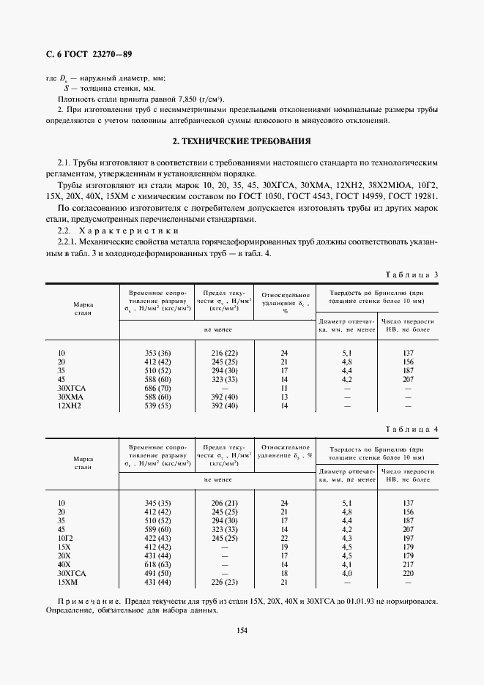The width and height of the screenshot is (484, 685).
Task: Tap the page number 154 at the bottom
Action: click(x=242, y=631)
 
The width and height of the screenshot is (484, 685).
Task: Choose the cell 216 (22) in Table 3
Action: click(x=224, y=353)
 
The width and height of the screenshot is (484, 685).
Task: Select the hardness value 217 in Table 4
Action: click(x=408, y=564)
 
